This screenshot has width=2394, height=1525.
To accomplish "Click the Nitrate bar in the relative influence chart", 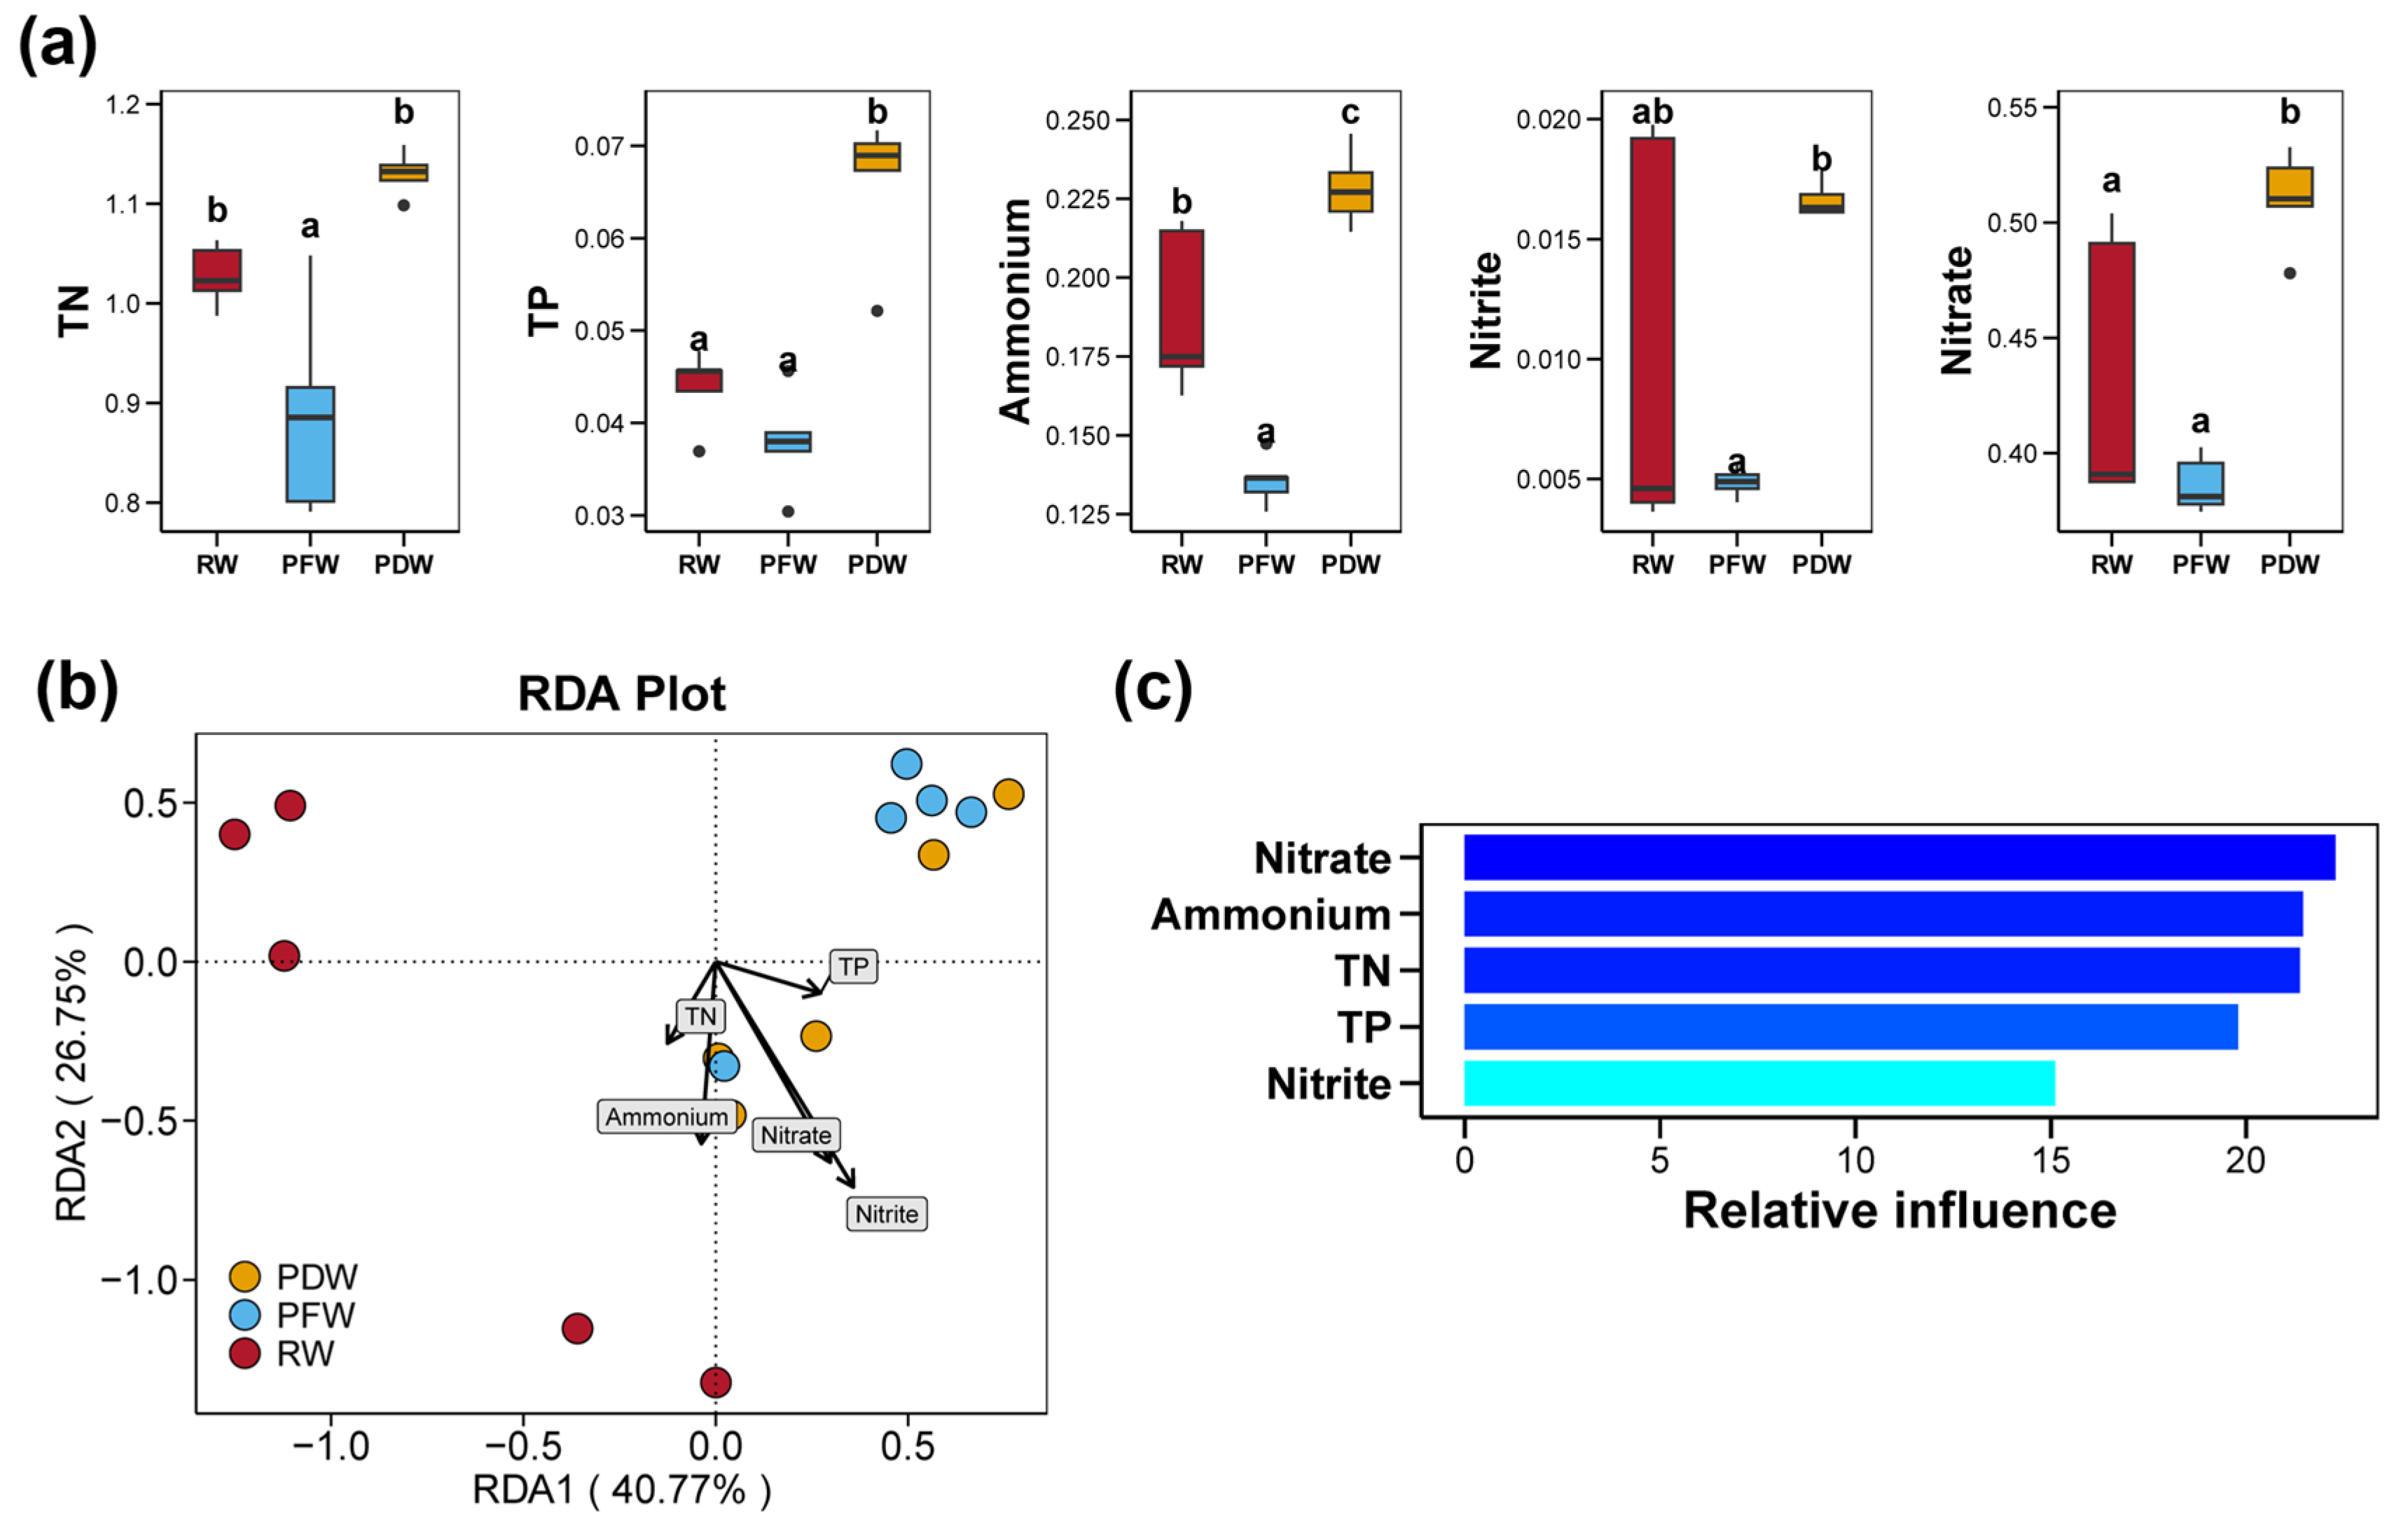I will tap(1899, 857).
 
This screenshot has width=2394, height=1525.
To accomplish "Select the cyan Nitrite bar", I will tap(1759, 1082).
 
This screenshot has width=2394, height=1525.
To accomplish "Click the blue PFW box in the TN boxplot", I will tap(310, 444).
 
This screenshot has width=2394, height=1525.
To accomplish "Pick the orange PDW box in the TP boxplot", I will tap(877, 157).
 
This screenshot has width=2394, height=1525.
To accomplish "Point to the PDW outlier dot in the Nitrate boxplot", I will tap(2290, 273).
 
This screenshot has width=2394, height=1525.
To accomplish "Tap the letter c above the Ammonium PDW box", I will tap(1350, 113).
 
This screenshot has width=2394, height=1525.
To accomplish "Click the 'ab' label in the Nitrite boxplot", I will tap(1652, 112).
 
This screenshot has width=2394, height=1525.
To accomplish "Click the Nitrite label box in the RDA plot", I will tap(887, 1214).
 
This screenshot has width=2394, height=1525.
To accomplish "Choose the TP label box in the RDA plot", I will tap(853, 966).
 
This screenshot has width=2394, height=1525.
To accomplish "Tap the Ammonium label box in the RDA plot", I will tap(666, 1117).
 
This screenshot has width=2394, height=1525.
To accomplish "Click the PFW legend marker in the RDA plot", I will tap(244, 1316).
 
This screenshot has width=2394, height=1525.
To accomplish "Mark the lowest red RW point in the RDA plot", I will tap(716, 1382).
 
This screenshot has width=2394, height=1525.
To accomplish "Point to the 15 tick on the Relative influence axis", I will tap(2050, 1160).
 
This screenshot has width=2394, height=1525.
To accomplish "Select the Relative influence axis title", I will tap(1899, 1211).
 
